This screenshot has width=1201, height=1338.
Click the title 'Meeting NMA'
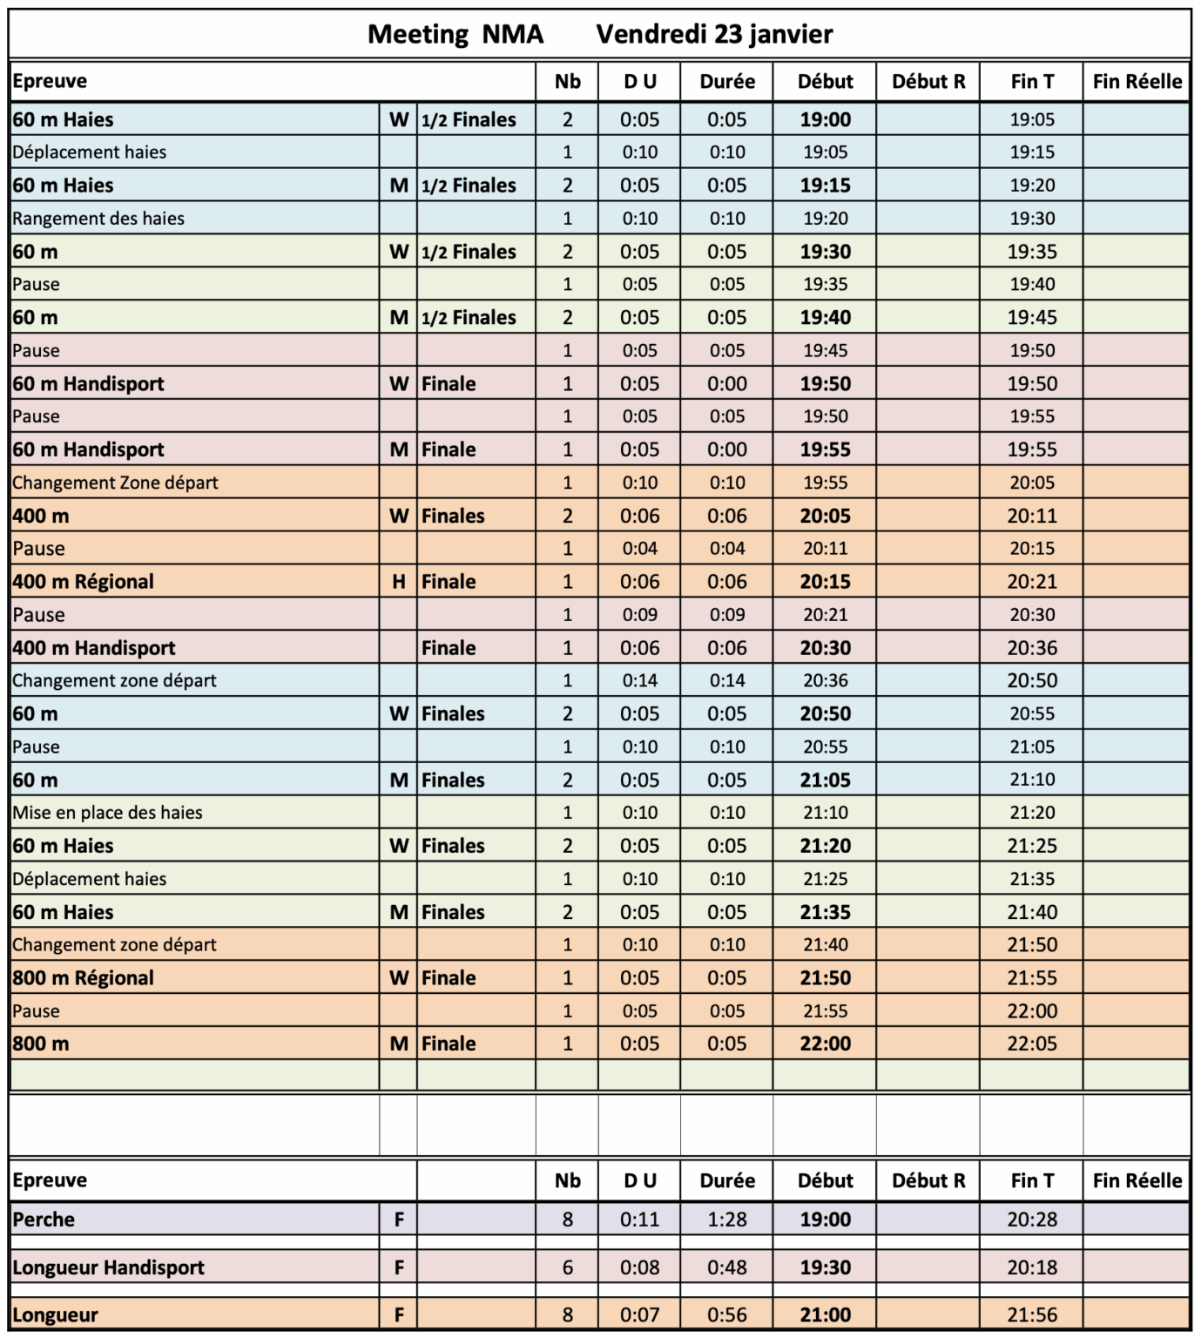tap(455, 34)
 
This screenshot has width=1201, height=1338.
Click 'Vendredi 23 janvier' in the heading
tap(714, 34)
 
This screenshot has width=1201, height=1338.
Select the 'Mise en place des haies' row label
tap(107, 813)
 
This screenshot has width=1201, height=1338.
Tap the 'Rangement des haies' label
tap(98, 219)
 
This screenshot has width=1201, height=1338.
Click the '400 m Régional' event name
tap(83, 582)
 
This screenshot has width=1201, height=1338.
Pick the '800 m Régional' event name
tap(83, 978)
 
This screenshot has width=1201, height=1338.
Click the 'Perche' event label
tap(44, 1220)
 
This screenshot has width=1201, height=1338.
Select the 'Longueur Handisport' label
tap(108, 1267)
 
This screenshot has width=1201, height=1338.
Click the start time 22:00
tap(825, 1044)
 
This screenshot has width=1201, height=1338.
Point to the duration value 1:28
tap(726, 1220)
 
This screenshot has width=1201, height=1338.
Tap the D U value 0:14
tap(639, 680)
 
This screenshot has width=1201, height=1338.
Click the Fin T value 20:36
tap(1032, 648)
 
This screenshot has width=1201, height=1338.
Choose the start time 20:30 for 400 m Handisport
tap(825, 648)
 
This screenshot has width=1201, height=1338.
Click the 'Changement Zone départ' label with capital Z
tap(115, 483)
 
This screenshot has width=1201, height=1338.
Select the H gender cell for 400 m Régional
tap(398, 582)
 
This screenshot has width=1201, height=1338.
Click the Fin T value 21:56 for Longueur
tap(1032, 1315)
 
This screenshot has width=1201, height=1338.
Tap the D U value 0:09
tap(639, 615)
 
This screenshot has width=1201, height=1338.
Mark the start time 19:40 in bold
tap(825, 318)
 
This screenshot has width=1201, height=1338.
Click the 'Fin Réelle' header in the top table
tap(1137, 82)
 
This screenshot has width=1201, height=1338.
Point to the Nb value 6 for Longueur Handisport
tap(567, 1267)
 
